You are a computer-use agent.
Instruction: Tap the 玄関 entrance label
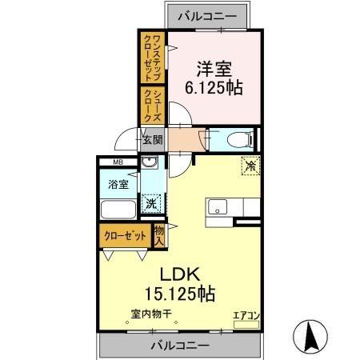[x=153, y=138]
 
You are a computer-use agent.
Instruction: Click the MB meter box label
[x=118, y=164]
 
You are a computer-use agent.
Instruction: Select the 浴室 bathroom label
[x=118, y=185]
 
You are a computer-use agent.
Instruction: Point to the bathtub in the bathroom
[x=119, y=210]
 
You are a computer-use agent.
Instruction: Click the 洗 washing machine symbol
[x=150, y=203]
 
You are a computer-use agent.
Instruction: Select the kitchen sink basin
[x=218, y=207]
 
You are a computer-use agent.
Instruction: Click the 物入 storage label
[x=158, y=235]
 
